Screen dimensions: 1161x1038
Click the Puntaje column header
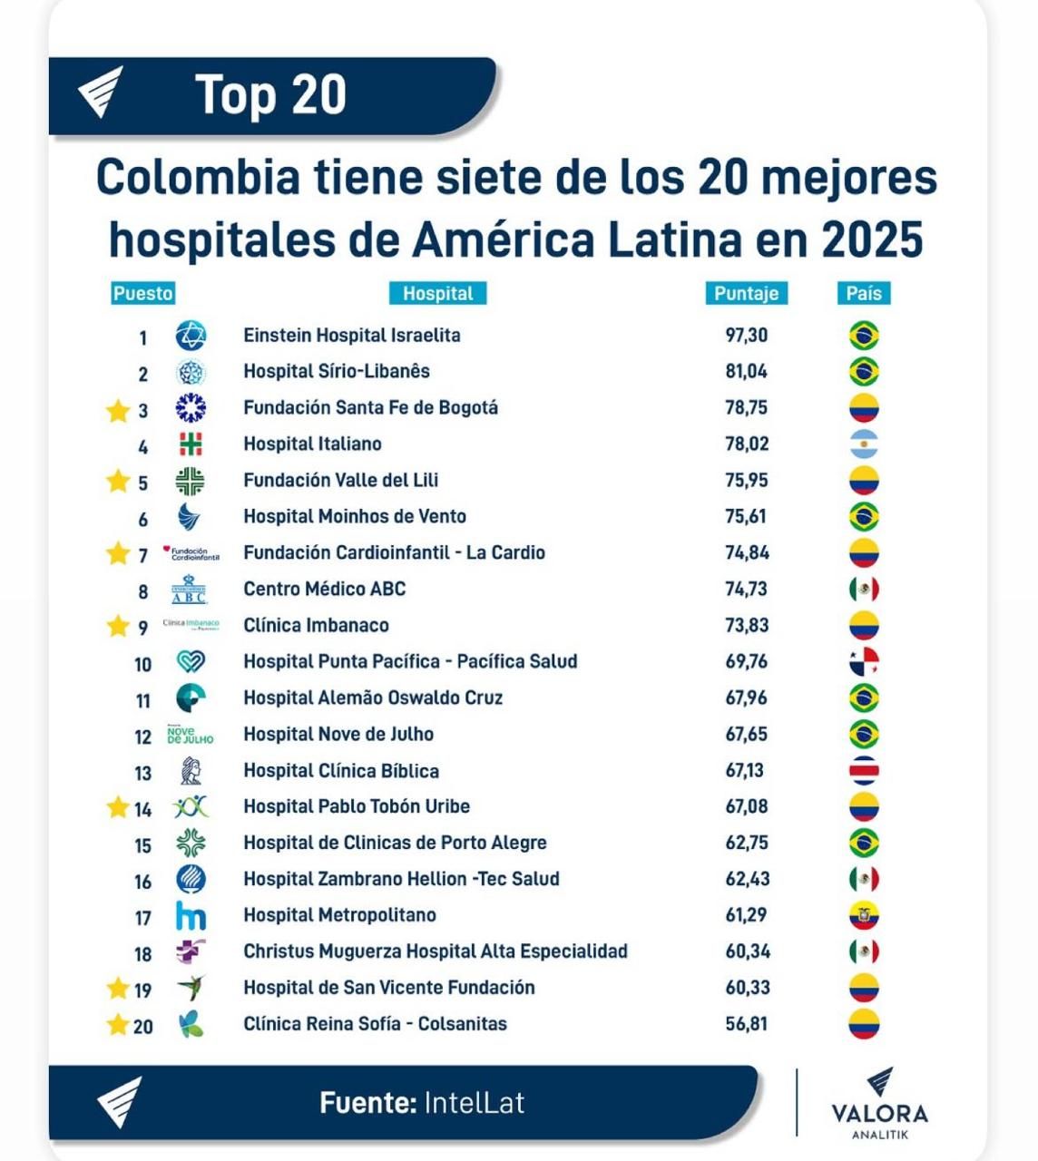click(746, 293)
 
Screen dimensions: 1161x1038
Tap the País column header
click(863, 293)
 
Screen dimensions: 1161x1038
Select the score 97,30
click(746, 336)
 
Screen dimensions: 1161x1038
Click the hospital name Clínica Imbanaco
click(316, 626)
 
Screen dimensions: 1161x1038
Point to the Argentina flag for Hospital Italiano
click(864, 444)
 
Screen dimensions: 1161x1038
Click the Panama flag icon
click(864, 662)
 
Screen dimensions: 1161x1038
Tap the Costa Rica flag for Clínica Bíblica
click(864, 771)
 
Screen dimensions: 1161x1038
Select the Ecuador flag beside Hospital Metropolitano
click(864, 916)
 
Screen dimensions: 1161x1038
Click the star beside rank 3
click(118, 411)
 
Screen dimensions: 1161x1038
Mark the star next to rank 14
click(118, 807)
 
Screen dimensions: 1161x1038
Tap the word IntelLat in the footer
click(474, 1103)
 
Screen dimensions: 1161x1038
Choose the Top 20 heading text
click(270, 94)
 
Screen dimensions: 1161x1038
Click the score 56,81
click(746, 1024)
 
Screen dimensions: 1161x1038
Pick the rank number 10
click(142, 665)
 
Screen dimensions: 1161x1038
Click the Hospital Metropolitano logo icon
click(191, 916)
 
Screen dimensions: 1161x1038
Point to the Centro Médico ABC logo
click(190, 590)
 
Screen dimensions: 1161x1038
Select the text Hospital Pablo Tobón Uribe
click(357, 806)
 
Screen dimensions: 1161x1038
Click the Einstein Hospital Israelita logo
click(191, 336)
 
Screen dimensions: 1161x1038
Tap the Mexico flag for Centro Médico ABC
click(864, 590)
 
